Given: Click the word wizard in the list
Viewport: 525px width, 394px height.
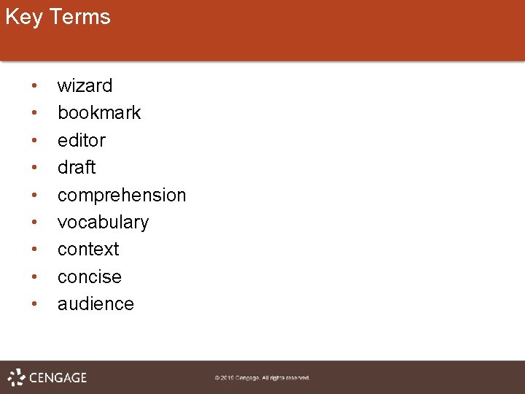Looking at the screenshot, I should tap(85, 86).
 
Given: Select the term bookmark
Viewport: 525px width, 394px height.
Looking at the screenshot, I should tap(99, 113).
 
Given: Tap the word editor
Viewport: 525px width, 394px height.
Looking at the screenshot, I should tap(82, 140).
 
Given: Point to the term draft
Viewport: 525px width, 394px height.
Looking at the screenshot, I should tap(77, 168).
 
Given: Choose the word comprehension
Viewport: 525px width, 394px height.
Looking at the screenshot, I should tap(122, 196).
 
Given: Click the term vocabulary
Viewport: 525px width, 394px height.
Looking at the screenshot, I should tap(103, 223).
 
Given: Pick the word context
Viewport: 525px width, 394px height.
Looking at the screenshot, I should tap(88, 250).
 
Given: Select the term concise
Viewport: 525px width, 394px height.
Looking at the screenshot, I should tap(90, 277).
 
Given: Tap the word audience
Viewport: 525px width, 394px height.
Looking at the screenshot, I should tap(96, 304).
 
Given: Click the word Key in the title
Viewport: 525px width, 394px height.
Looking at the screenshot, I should tap(24, 17).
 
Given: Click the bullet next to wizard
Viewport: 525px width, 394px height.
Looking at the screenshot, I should tap(34, 87).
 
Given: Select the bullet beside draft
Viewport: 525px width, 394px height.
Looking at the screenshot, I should tap(34, 169).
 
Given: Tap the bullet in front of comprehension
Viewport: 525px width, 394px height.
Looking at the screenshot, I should tap(34, 196).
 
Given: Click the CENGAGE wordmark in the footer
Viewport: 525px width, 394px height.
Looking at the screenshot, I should tap(58, 377).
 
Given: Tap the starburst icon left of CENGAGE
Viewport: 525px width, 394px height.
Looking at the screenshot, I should tap(17, 377).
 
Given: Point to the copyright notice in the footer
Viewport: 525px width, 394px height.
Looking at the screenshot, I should tap(262, 378).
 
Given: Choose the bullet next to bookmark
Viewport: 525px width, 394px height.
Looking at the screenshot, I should tap(34, 114).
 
